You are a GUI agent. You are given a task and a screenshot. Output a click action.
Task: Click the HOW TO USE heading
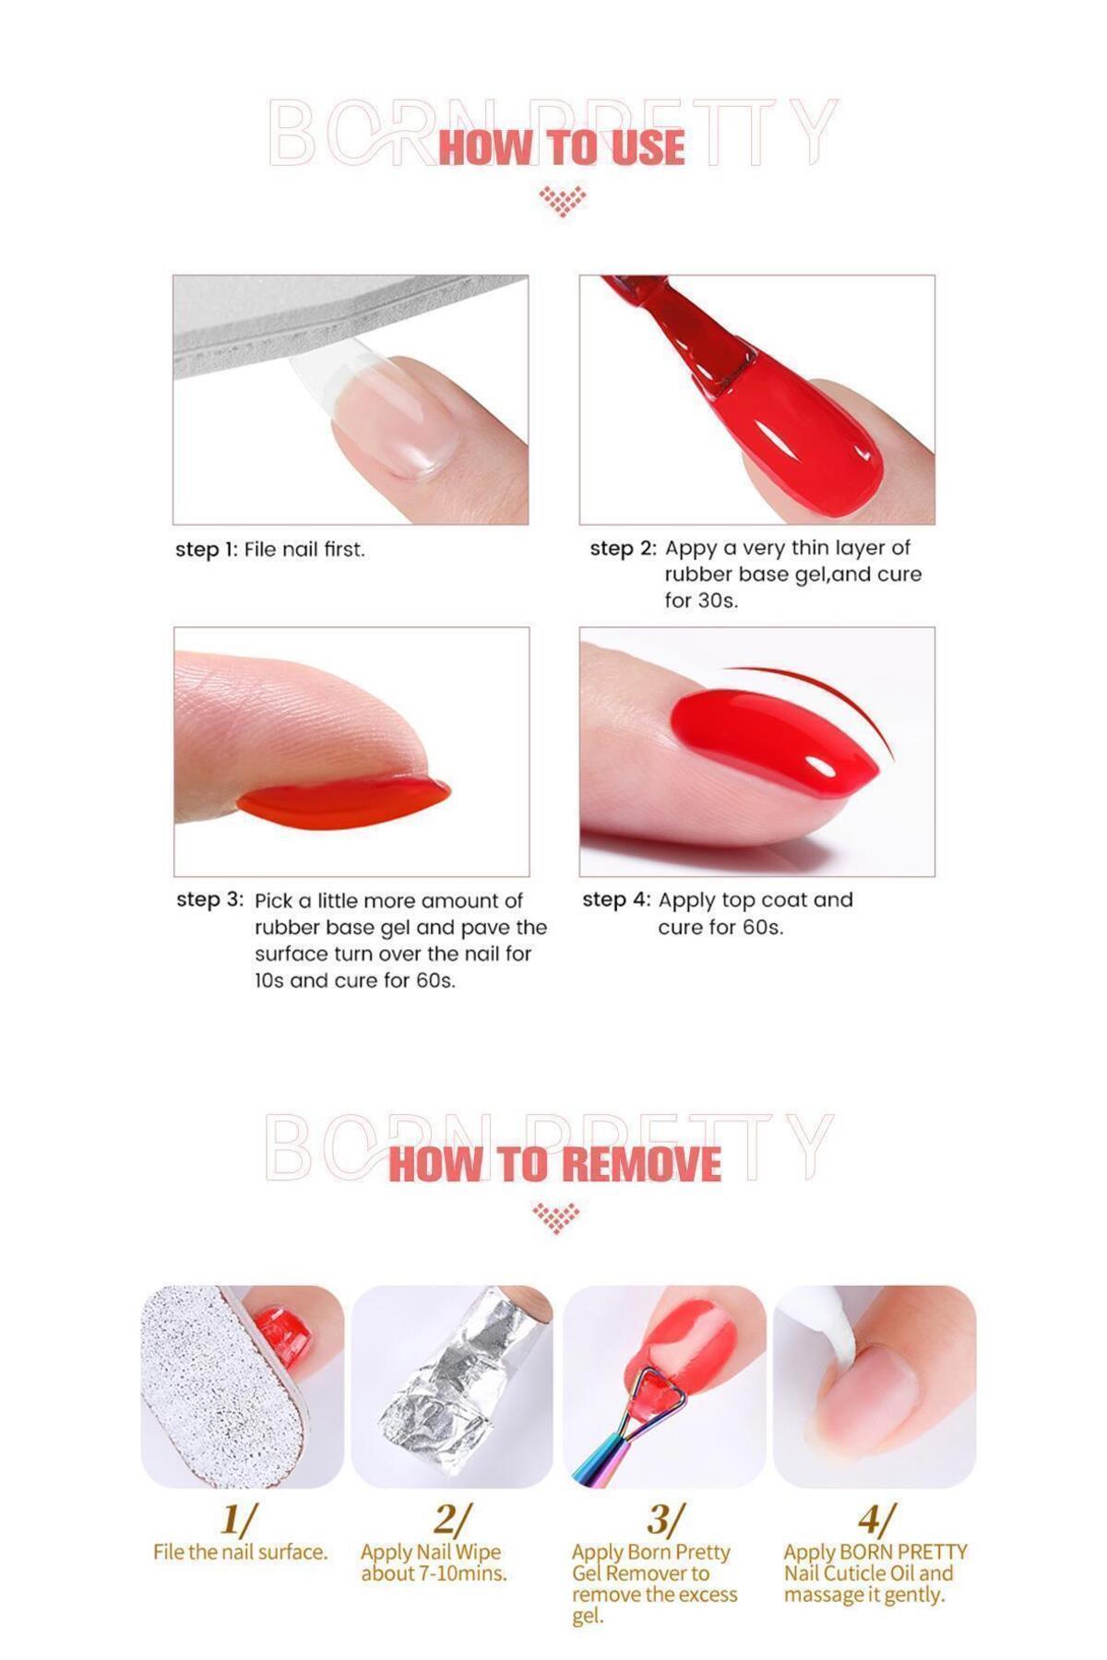tap(561, 148)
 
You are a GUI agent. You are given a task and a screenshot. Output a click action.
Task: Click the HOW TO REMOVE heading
tap(554, 1163)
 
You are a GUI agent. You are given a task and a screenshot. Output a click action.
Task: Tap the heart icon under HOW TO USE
tap(562, 200)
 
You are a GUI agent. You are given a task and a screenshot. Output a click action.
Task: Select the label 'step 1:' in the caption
tap(207, 550)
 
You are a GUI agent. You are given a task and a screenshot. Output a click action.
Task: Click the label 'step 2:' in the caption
tap(624, 549)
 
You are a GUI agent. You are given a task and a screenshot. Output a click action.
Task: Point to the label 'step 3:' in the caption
tap(210, 900)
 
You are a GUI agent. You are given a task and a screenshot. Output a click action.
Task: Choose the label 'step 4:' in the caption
tap(616, 900)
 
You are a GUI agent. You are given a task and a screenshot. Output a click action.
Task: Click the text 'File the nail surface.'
tap(240, 1552)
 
